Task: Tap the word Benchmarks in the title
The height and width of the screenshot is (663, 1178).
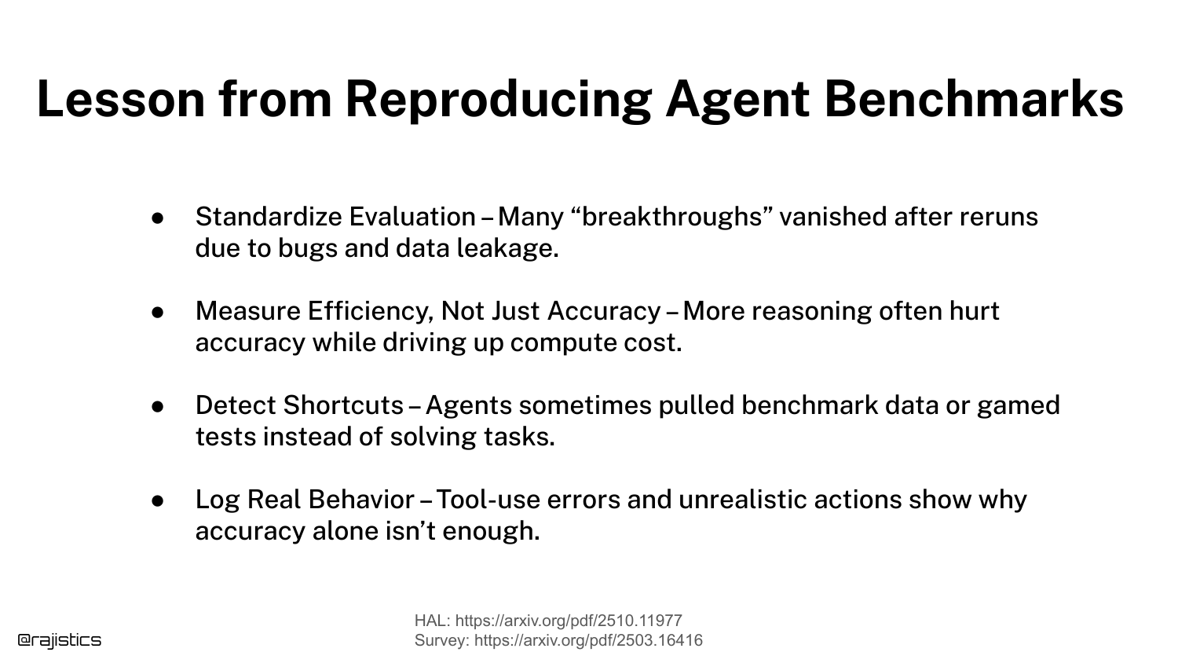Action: coord(974,99)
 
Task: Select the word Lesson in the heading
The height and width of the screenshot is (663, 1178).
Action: coord(121,99)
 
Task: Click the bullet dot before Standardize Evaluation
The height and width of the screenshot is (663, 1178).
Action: coord(158,218)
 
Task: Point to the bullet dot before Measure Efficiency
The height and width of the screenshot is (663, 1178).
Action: coord(158,312)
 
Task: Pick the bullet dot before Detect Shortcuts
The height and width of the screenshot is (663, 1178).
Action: coord(158,406)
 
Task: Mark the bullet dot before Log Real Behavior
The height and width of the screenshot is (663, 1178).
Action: coord(158,500)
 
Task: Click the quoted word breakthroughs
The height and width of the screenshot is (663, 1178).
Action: coord(671,218)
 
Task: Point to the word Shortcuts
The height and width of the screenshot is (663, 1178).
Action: coord(344,405)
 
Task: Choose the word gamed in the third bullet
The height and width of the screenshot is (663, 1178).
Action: coord(1019,406)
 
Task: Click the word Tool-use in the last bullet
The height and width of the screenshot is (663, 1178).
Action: coord(488,500)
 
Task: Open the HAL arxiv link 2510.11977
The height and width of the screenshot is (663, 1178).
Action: coord(569,621)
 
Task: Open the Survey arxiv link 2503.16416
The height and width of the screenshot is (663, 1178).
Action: coord(588,640)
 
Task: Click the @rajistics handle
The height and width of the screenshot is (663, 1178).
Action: coord(60,640)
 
